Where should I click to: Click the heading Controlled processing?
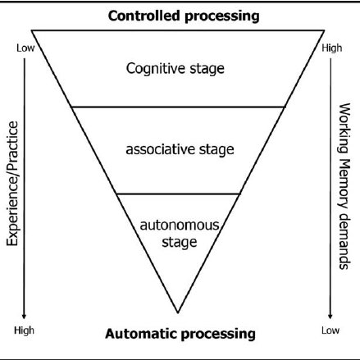[x=184, y=16]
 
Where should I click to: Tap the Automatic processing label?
[x=180, y=334]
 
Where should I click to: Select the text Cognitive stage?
[x=175, y=68]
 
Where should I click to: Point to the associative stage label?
[x=180, y=149]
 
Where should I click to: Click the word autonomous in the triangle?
[x=180, y=226]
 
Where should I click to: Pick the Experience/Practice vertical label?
[x=12, y=184]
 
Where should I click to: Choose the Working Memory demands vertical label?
[x=344, y=186]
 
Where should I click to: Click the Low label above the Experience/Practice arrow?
[x=25, y=48]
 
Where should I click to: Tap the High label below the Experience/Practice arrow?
[x=24, y=330]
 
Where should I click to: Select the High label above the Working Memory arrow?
[x=332, y=48]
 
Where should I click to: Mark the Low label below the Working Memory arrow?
[x=330, y=330]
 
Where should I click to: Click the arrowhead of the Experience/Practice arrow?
[x=24, y=316]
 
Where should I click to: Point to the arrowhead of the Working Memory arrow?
[x=330, y=316]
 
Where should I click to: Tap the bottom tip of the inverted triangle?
[x=178, y=312]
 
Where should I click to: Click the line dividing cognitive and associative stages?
[x=178, y=107]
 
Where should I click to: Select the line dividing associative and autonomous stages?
[x=178, y=194]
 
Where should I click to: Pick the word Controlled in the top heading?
[x=144, y=16]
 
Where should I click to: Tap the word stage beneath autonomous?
[x=180, y=243]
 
